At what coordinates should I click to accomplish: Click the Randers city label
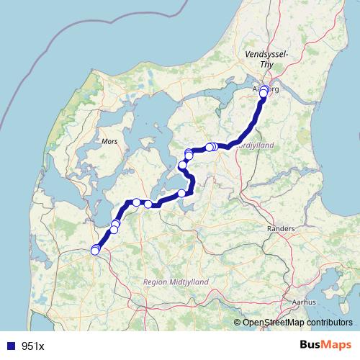click(x=281, y=228)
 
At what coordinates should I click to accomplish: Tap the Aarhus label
click(x=305, y=302)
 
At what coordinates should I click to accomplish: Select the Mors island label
click(x=109, y=141)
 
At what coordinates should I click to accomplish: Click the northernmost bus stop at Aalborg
click(x=264, y=89)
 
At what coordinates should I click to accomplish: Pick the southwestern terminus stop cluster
click(x=96, y=250)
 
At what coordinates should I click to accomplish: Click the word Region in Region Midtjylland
click(x=156, y=282)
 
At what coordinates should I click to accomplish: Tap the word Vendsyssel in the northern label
click(x=266, y=54)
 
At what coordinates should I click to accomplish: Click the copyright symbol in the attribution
click(x=238, y=323)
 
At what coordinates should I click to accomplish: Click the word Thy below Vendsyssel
click(x=267, y=64)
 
